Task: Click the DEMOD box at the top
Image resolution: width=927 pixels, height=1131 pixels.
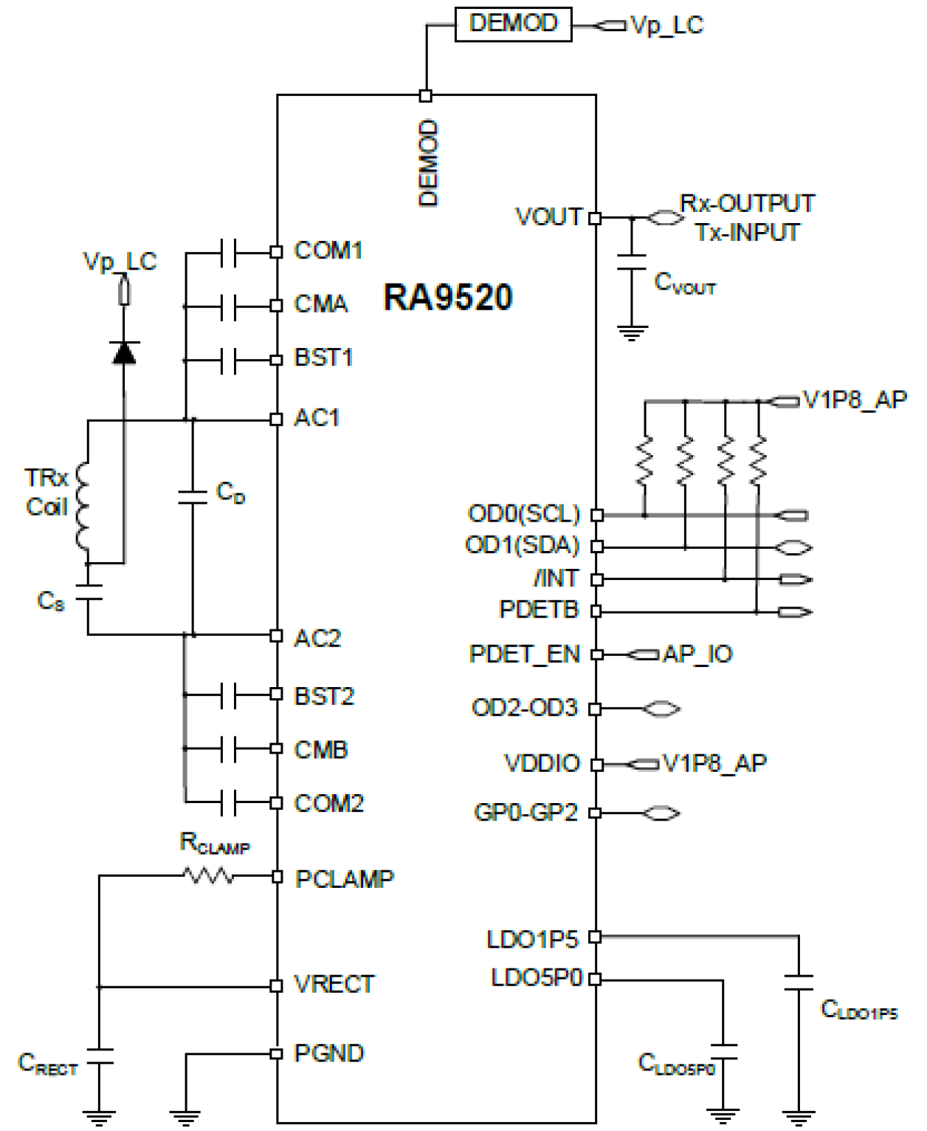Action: tap(513, 24)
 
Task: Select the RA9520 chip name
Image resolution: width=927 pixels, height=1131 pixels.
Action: tap(447, 298)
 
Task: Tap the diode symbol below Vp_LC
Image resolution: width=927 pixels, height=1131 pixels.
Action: tap(123, 353)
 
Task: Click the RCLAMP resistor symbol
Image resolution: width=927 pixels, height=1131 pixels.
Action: tap(208, 876)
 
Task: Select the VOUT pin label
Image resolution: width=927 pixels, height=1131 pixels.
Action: tap(548, 217)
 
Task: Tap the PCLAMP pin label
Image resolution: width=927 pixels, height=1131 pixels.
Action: tap(345, 878)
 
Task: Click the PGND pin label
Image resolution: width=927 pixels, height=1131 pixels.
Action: tap(329, 1053)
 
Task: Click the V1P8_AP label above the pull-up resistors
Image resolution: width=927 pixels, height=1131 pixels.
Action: tap(854, 400)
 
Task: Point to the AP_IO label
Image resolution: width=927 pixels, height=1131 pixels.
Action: tap(697, 654)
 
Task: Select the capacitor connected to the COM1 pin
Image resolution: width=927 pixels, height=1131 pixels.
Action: tap(228, 252)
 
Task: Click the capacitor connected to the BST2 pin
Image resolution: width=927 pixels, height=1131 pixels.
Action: tap(228, 695)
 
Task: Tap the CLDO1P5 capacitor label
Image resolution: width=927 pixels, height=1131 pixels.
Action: tap(859, 1010)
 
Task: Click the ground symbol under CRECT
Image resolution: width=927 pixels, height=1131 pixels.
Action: tap(98, 1116)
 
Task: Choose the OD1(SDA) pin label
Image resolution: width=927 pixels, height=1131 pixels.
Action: tap(522, 545)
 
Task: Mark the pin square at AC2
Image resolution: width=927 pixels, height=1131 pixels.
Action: tap(277, 635)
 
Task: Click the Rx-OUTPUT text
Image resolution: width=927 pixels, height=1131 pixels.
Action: tap(747, 203)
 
